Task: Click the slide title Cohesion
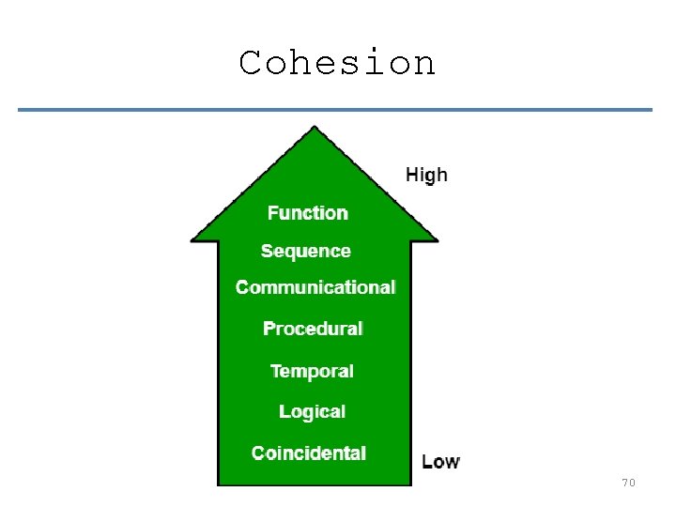coord(337,63)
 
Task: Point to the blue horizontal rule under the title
coord(334,110)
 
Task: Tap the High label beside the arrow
coord(426,175)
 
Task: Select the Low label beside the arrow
coord(440,461)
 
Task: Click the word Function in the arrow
coord(307,213)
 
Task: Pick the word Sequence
coord(306,252)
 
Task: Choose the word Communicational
coord(315,287)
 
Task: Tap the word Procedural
coord(313,329)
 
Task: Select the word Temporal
coord(312,371)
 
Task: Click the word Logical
coord(312,411)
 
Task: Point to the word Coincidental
coord(309,453)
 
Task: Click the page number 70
coord(628,483)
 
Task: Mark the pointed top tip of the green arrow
coord(315,128)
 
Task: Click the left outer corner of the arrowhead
coord(192,238)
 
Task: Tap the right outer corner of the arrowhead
coord(437,238)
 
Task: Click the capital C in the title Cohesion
coord(250,63)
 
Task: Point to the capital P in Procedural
coord(269,329)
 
